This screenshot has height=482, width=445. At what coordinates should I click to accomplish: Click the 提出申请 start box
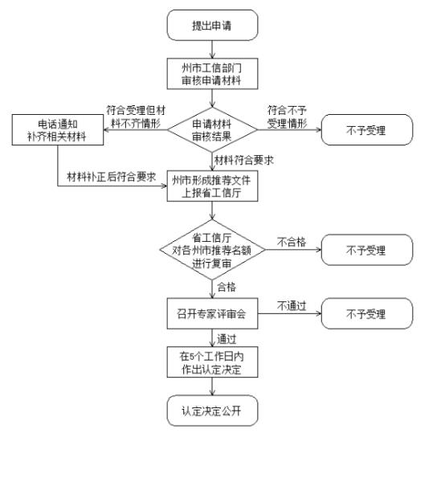[212, 25]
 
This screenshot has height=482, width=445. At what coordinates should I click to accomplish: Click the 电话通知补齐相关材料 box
[57, 129]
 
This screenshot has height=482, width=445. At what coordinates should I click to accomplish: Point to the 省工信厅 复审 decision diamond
[212, 250]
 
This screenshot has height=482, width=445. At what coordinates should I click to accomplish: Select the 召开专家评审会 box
[212, 312]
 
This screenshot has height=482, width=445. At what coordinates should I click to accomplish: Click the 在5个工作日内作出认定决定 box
[212, 362]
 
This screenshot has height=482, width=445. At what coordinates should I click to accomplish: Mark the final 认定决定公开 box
[212, 411]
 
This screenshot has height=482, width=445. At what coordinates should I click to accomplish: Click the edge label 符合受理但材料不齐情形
[136, 115]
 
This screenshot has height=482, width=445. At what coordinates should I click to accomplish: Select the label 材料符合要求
[244, 161]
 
